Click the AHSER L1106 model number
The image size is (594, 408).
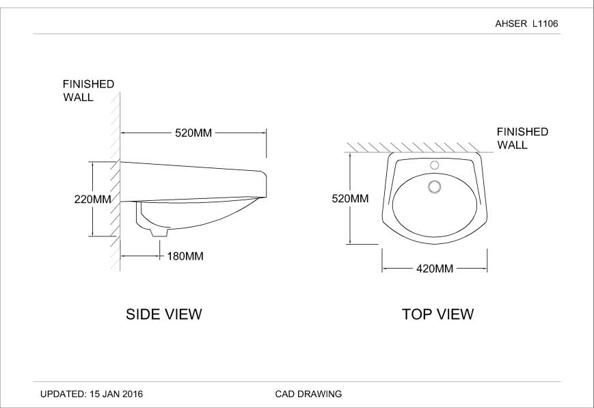(526, 23)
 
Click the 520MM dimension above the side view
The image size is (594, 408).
(193, 133)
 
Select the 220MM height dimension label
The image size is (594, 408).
(92, 200)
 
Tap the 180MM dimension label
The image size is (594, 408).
(185, 256)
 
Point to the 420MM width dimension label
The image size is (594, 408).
(435, 269)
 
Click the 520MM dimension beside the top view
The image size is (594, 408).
(350, 199)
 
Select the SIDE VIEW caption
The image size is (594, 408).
(164, 314)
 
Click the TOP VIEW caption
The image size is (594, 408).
(437, 314)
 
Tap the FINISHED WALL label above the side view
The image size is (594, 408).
(88, 90)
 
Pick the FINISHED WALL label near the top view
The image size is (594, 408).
(522, 138)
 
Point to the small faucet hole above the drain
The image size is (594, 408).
(433, 165)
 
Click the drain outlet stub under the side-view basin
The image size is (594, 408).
(158, 232)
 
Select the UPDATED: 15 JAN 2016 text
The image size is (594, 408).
(92, 394)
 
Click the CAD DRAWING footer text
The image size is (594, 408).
(308, 394)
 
